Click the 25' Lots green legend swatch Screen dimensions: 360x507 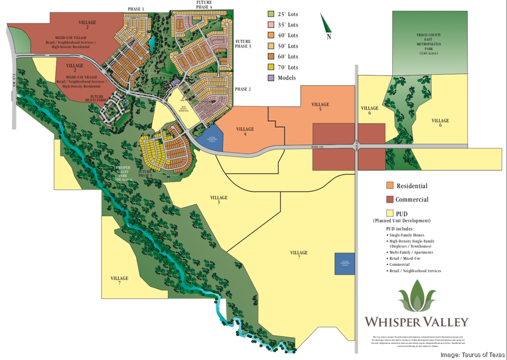coord(271,14)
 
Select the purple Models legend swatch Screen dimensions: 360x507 coord(271,78)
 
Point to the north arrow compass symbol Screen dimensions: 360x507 coord(326,25)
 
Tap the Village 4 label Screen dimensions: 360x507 coord(245,132)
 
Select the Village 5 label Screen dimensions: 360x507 coord(320,107)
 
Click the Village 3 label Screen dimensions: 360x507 coord(219,200)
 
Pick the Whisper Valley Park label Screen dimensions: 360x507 coord(122,173)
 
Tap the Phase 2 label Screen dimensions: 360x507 coord(243,89)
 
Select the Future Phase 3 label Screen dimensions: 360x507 coord(243,44)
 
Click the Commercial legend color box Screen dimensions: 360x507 coord(390,200)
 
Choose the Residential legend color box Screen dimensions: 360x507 coord(390,186)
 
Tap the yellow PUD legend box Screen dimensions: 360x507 coord(390,213)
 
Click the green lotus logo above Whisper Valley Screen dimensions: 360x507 coord(416,298)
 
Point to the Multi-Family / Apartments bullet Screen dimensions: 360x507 coord(411,252)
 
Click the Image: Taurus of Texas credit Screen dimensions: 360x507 coord(472,355)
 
